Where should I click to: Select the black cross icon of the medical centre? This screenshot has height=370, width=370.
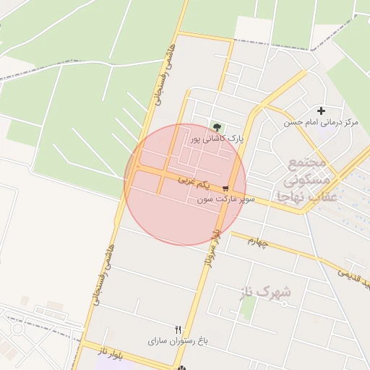pos(321,111)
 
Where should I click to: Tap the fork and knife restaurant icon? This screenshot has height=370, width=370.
pos(178,330)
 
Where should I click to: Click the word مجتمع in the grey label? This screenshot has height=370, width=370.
pos(309,162)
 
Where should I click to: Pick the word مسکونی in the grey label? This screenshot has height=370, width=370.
pos(308,178)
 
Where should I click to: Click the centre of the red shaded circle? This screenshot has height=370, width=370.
pos(185,184)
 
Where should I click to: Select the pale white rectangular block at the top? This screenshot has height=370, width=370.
pos(254,30)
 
